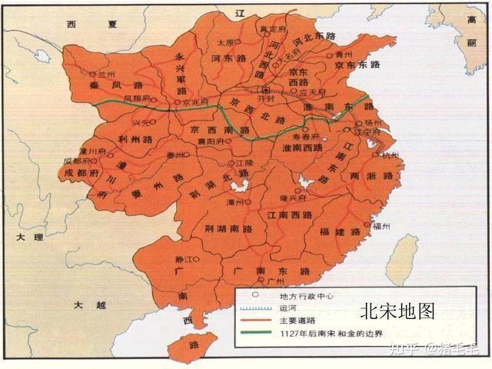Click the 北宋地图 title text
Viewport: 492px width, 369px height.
click(397, 311)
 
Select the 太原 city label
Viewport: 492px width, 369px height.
click(224, 43)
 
